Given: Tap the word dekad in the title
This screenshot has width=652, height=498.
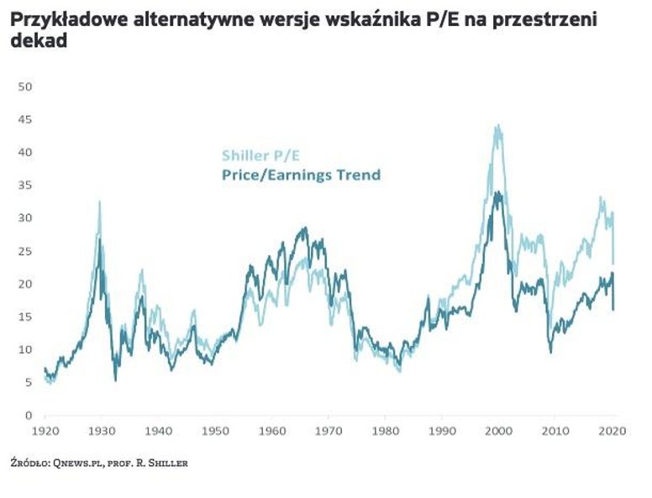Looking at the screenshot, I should pos(39,39).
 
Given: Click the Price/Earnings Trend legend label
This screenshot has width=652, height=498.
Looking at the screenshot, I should pos(301,175).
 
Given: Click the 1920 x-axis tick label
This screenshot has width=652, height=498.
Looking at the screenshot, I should pos(45,431).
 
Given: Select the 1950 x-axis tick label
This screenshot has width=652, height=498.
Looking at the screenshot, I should pos(215,431).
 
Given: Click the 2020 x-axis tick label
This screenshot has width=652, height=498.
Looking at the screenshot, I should pos(612,431).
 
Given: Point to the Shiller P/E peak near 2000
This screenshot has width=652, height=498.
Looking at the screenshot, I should pos(498,126).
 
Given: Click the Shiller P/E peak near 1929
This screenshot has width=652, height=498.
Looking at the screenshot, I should pos(100,202).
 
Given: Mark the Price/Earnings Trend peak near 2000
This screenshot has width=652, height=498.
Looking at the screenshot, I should pos(498,193).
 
